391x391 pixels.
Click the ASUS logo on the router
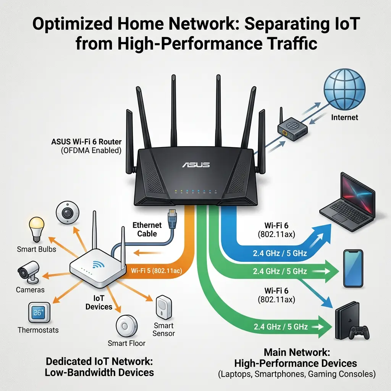196,165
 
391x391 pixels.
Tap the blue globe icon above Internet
344,89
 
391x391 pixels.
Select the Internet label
344,117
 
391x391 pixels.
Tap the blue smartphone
353,268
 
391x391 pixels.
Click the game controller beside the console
359,333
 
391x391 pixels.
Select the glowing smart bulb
37,229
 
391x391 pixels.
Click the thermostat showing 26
39,313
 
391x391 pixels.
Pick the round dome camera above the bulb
67,212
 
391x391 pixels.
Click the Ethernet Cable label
147,229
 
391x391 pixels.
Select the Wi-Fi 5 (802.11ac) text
156,271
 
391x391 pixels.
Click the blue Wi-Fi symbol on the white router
98,264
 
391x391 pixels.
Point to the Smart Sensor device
164,307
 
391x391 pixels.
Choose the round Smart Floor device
126,326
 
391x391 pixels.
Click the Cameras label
30,290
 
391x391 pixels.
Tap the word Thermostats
38,330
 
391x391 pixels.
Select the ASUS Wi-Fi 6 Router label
86,142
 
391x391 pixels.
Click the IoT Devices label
99,302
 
